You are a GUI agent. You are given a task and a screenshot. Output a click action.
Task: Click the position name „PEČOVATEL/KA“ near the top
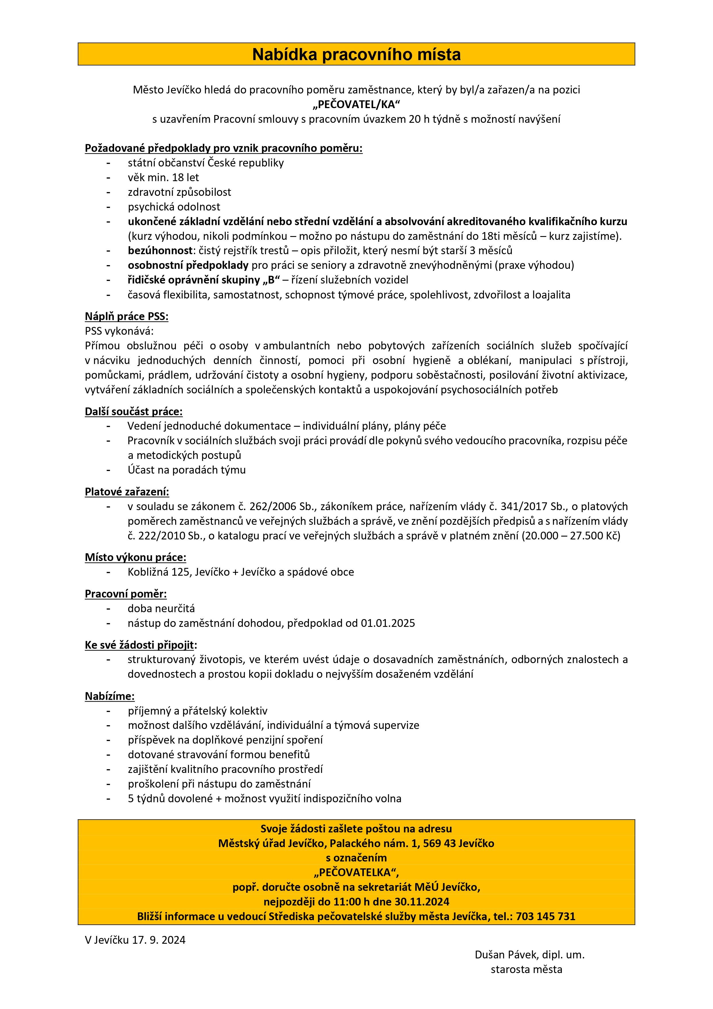[x=356, y=105]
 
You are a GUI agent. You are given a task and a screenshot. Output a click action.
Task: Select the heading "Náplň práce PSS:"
[x=126, y=316]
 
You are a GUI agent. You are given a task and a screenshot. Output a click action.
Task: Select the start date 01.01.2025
[x=388, y=623]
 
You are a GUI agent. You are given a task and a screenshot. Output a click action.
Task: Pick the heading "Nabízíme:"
[x=110, y=696]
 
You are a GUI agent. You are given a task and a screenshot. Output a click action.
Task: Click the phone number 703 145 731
[x=545, y=916]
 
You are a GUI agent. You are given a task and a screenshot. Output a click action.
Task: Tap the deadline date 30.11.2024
[x=422, y=902]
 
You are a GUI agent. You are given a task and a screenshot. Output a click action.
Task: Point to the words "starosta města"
[x=526, y=969]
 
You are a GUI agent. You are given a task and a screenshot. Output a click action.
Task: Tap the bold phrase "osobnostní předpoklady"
[x=188, y=265]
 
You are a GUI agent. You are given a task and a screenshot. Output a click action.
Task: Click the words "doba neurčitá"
[x=161, y=609]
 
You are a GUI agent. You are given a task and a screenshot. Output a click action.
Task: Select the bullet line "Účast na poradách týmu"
[x=187, y=470]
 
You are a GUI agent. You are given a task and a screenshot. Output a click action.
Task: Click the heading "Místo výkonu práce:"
[x=136, y=558]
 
